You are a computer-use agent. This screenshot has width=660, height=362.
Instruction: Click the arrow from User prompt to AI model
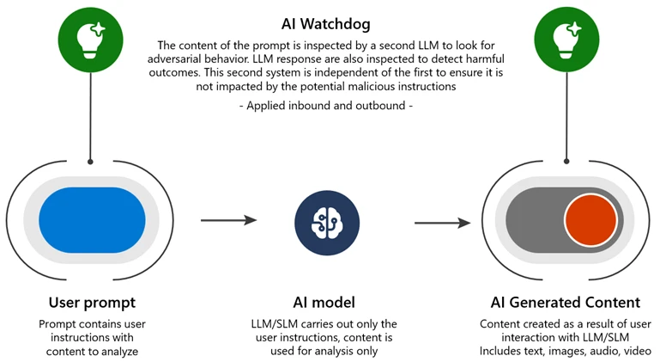[x=228, y=221]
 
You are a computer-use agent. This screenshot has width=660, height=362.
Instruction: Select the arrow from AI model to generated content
[x=442, y=224]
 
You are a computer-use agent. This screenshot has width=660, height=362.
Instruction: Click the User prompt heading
[x=92, y=303]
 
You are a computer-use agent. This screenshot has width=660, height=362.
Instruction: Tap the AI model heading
[x=329, y=303]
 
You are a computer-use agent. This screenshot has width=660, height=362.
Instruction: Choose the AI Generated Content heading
[x=565, y=303]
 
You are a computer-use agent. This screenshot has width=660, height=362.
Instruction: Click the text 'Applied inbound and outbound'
[x=329, y=106]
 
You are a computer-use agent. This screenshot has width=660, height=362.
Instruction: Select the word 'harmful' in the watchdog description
[x=481, y=58]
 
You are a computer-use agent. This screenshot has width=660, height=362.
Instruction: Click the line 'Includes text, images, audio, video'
[x=566, y=351]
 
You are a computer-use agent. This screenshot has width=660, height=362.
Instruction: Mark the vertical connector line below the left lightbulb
[x=90, y=112]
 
